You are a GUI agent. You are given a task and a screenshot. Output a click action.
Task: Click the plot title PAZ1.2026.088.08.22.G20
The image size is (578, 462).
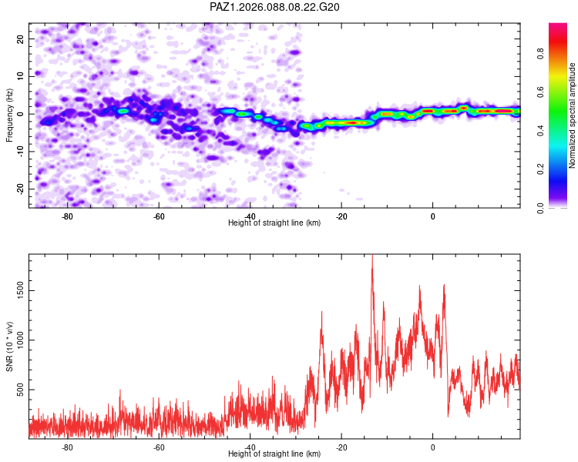coord(275,7)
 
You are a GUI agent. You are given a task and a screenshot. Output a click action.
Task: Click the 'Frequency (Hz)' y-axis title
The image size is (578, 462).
coord(10,115)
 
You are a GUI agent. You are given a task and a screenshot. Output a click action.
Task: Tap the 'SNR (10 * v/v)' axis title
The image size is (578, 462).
coord(10,346)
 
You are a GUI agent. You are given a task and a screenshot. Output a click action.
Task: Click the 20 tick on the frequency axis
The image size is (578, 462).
coord(21,38)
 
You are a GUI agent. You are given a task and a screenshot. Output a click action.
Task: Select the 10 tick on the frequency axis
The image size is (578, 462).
coord(21,75)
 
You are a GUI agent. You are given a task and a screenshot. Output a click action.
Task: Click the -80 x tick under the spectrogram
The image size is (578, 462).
coord(67,216)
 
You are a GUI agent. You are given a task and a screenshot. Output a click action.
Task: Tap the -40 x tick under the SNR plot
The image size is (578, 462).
coord(250,447)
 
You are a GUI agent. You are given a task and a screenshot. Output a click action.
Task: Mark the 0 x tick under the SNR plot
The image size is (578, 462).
coord(433,447)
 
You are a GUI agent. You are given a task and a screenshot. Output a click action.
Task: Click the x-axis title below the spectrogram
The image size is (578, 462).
coord(274,223)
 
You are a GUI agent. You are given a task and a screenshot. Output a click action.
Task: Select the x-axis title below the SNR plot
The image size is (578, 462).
coord(274,454)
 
